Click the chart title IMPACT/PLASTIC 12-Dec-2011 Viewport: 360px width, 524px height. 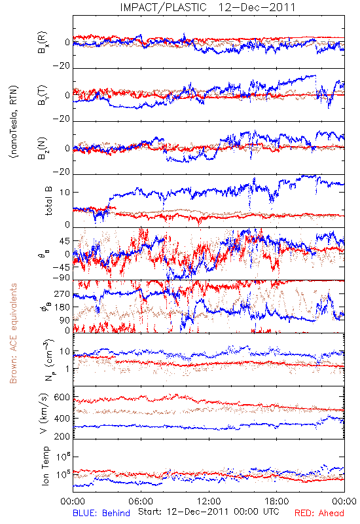pyautogui.click(x=207, y=7)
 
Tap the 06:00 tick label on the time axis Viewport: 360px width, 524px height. pyautogui.click(x=141, y=501)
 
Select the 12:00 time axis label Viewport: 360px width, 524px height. pyautogui.click(x=209, y=501)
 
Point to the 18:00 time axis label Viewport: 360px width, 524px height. pyautogui.click(x=277, y=501)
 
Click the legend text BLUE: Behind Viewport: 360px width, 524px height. pyautogui.click(x=101, y=513)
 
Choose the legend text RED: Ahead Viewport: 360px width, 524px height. pyautogui.click(x=319, y=513)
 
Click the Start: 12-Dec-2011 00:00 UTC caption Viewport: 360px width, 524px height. pyautogui.click(x=208, y=512)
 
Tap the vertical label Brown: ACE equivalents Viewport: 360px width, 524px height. pyautogui.click(x=13, y=333)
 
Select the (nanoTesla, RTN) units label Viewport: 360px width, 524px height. pyautogui.click(x=14, y=122)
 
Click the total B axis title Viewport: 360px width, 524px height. pyautogui.click(x=48, y=201)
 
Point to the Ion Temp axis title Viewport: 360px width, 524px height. pyautogui.click(x=46, y=466)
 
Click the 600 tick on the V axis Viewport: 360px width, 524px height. pyautogui.click(x=62, y=398)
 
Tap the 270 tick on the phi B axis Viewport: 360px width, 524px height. pyautogui.click(x=62, y=294)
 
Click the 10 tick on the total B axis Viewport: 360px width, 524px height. pyautogui.click(x=65, y=193)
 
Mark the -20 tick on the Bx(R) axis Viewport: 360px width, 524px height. pyautogui.click(x=61, y=66)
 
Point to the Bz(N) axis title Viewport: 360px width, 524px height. pyautogui.click(x=43, y=148)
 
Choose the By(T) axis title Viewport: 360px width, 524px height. pyautogui.click(x=43, y=95)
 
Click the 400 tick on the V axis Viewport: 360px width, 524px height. pyautogui.click(x=62, y=418)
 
